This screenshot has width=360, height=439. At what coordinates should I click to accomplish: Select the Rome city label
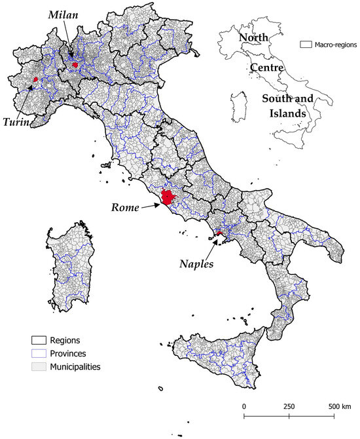125,208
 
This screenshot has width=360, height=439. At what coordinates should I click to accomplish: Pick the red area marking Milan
75,64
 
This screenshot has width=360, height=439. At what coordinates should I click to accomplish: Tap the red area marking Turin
35,79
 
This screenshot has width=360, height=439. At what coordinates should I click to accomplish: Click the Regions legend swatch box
39,341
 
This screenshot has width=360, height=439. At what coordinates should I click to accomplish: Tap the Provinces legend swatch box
39,354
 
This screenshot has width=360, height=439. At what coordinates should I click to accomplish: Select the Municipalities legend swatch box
39,367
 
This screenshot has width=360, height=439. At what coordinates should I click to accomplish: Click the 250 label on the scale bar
288,406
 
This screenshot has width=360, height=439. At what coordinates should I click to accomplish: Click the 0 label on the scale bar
244,406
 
